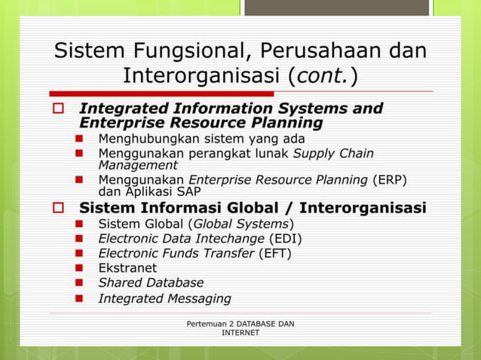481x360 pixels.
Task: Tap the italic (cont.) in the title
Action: pos(322,75)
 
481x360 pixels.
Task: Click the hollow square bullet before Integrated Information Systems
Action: pos(59,108)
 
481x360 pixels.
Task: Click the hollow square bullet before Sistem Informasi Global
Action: pos(59,207)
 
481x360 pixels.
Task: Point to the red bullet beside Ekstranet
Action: pos(79,268)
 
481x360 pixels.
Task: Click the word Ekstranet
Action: pos(127,267)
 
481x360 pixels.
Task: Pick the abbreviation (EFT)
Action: pos(275,253)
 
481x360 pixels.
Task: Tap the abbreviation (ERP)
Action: pos(390,178)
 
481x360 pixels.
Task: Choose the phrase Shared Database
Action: pos(151,282)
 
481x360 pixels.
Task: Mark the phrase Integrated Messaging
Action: pos(164,298)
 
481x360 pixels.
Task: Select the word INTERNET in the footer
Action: pos(240,333)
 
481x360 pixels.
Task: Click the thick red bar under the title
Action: pos(151,93)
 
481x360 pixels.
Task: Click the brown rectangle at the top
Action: pos(337,8)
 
